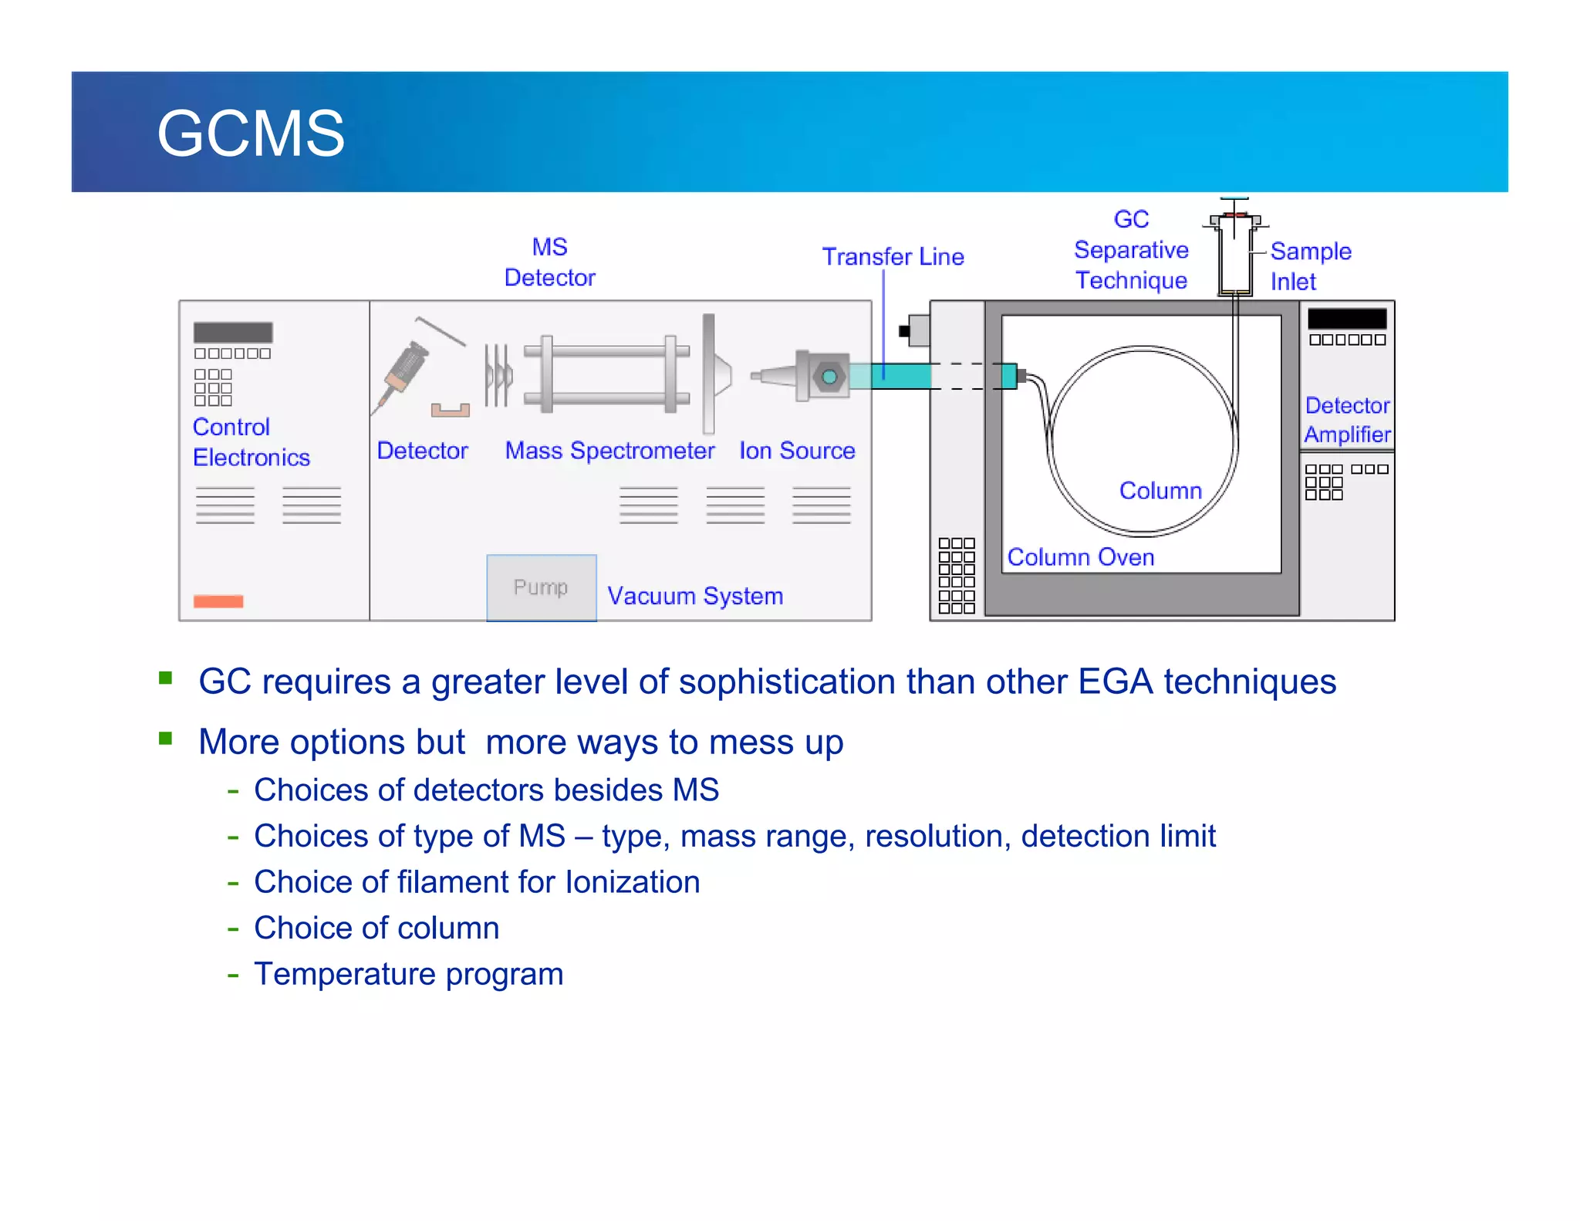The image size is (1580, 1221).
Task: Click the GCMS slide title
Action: click(251, 134)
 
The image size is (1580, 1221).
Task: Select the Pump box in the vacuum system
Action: click(541, 587)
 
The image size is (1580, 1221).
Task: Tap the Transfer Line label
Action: click(893, 256)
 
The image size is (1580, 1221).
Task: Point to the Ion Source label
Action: click(797, 451)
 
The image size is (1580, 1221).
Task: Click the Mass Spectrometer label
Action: click(609, 451)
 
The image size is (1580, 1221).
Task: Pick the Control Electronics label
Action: click(251, 442)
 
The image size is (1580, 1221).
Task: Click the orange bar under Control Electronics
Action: click(218, 601)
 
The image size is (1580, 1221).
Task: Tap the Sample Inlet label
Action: click(1310, 266)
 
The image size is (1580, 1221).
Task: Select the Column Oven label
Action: click(1080, 557)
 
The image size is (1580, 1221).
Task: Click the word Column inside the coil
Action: click(1160, 491)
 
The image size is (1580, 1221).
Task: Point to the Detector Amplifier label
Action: click(1347, 420)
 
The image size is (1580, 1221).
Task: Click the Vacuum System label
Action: click(695, 596)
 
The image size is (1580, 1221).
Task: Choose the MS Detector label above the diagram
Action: click(549, 262)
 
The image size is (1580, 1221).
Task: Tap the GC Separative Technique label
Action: click(1131, 250)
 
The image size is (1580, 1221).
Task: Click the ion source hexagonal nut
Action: click(829, 377)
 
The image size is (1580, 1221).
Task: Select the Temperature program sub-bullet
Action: click(408, 974)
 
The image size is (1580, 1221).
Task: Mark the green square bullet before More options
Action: click(165, 739)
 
